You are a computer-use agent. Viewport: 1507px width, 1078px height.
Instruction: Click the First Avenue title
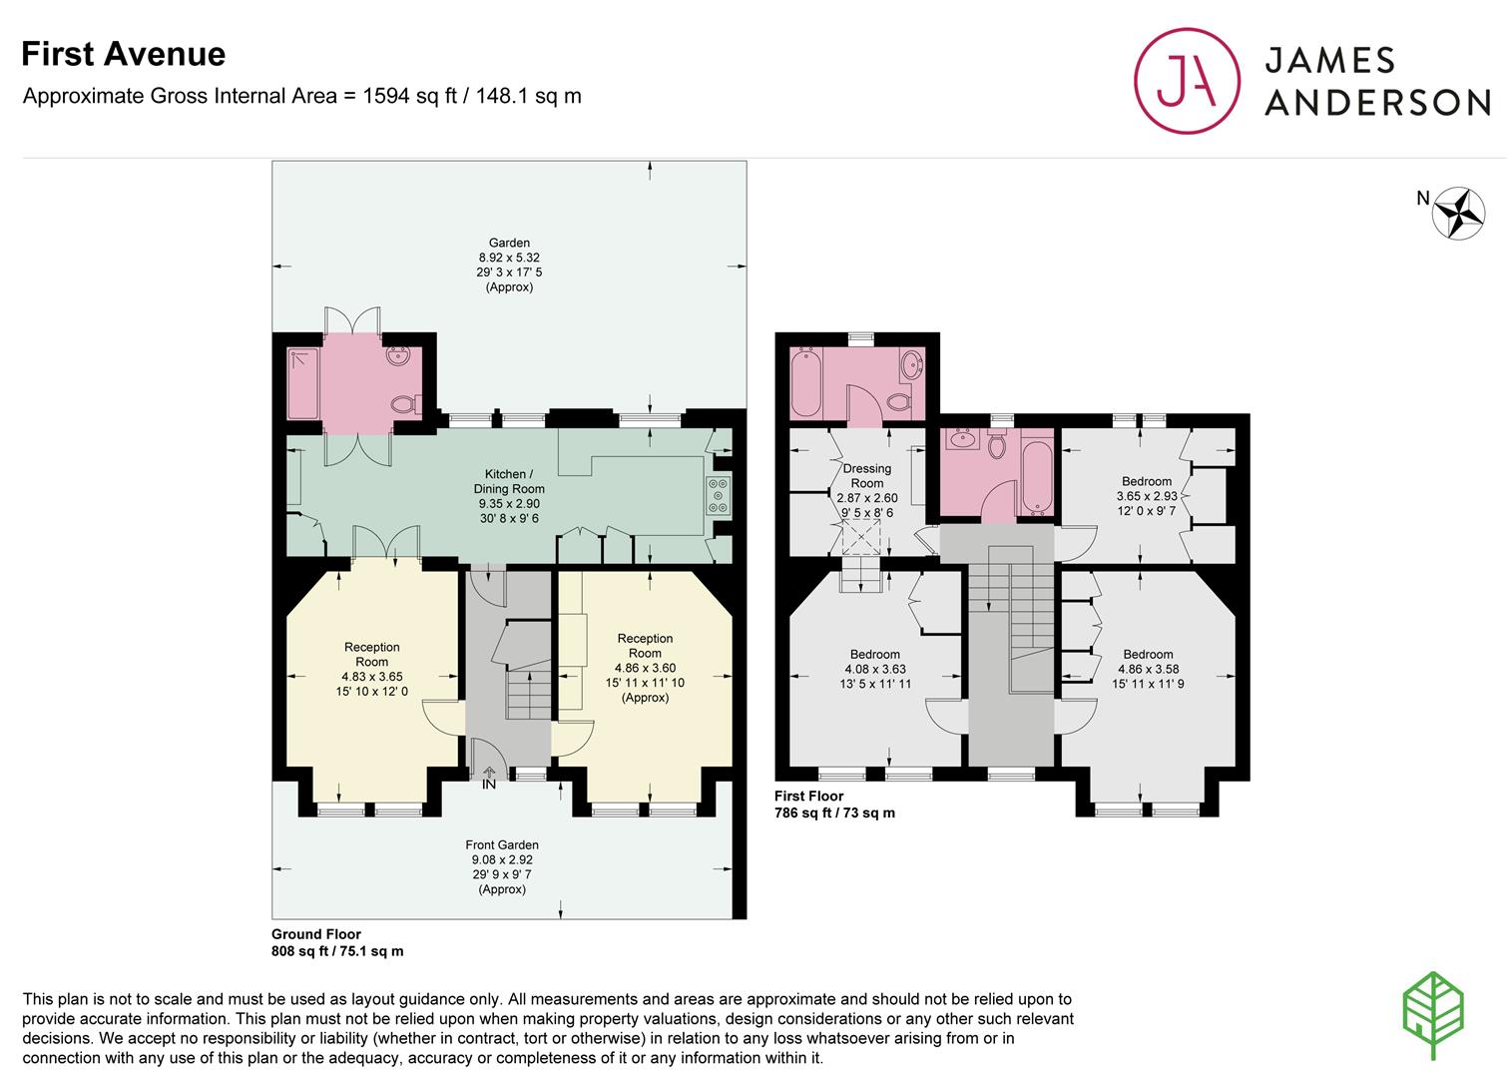pyautogui.click(x=123, y=54)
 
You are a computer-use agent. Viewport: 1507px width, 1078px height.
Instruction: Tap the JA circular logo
pyautogui.click(x=1187, y=81)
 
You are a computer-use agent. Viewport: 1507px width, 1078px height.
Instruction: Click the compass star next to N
pyautogui.click(x=1458, y=214)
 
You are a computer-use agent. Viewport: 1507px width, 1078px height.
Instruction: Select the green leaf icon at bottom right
pyautogui.click(x=1433, y=1015)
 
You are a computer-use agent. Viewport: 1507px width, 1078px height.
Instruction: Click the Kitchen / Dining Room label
pyautogui.click(x=509, y=481)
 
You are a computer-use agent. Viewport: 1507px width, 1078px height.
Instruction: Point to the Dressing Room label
pyautogui.click(x=867, y=476)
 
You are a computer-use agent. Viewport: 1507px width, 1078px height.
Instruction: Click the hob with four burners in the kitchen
pyautogui.click(x=718, y=495)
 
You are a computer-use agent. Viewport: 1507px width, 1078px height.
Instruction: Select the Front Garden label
pyautogui.click(x=502, y=844)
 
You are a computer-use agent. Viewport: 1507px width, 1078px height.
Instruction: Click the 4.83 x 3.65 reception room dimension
pyautogui.click(x=372, y=677)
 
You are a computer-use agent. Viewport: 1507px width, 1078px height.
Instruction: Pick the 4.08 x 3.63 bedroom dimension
pyautogui.click(x=875, y=669)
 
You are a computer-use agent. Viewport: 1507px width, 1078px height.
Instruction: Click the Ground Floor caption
pyautogui.click(x=316, y=934)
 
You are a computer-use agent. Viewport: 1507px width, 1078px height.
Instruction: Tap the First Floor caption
pyautogui.click(x=808, y=796)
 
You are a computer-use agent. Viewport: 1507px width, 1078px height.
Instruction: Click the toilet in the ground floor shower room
pyautogui.click(x=405, y=404)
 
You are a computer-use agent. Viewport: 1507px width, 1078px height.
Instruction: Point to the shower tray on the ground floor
pyautogui.click(x=303, y=383)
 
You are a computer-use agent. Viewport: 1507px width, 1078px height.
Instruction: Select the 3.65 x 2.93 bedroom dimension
pyautogui.click(x=1147, y=496)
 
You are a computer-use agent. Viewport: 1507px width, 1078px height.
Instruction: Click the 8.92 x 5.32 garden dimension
pyautogui.click(x=509, y=258)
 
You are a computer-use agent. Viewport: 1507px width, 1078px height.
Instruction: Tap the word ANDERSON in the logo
pyautogui.click(x=1378, y=103)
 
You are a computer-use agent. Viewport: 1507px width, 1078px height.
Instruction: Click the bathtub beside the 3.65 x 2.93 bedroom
pyautogui.click(x=1037, y=478)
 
